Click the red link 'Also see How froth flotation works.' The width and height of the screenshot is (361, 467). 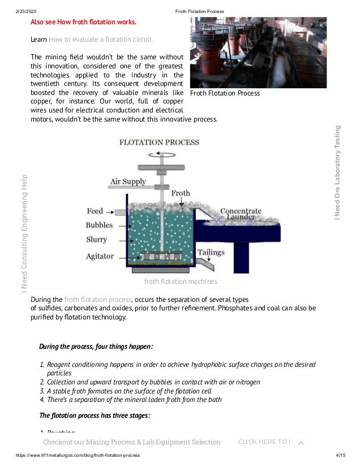click(x=83, y=22)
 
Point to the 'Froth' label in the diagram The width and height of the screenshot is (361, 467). click(x=180, y=193)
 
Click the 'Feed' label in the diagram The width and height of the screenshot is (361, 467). click(x=94, y=211)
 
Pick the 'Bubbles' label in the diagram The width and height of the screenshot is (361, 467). click(x=99, y=225)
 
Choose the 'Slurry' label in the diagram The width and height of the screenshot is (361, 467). click(x=96, y=240)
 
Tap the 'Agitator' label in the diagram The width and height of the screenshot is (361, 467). click(x=100, y=256)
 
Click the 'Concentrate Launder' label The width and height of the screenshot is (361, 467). click(x=240, y=214)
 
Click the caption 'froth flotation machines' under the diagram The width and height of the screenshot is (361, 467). click(x=180, y=281)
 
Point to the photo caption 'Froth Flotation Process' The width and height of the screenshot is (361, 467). click(x=225, y=93)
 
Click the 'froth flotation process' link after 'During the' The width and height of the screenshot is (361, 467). click(x=98, y=299)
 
